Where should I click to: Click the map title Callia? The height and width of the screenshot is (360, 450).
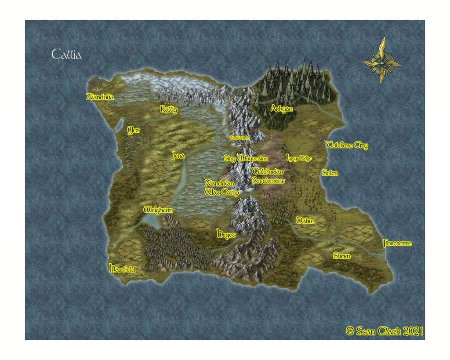[67, 55]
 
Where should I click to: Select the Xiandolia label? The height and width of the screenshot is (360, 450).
[100, 97]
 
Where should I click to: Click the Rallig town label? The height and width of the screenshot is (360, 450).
[169, 109]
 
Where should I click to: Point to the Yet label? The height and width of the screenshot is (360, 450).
[133, 130]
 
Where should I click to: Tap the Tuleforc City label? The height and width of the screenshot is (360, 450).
[347, 146]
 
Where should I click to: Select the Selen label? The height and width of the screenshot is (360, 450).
[330, 173]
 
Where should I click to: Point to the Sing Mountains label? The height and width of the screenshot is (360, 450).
[246, 158]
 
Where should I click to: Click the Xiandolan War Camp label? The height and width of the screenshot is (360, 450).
[222, 187]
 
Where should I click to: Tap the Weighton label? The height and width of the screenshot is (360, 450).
[158, 211]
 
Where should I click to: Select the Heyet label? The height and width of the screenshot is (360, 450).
[226, 235]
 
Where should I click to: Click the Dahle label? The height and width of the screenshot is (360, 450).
[305, 221]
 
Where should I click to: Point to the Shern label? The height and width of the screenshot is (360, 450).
[341, 256]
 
